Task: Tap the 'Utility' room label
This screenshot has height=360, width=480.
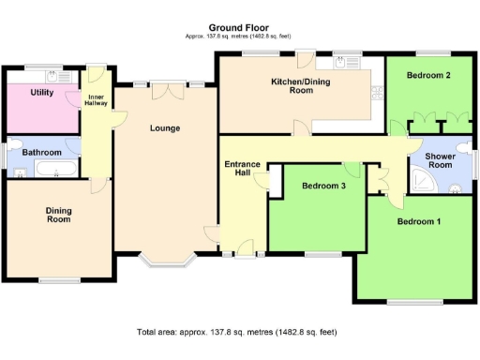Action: click(x=41, y=93)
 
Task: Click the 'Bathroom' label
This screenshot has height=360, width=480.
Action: click(x=41, y=151)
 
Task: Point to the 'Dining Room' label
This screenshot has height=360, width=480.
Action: click(x=58, y=215)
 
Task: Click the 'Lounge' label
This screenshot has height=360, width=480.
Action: click(x=164, y=127)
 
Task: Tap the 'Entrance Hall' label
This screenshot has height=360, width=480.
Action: click(x=243, y=170)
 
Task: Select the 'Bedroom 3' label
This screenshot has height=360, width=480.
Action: click(x=322, y=186)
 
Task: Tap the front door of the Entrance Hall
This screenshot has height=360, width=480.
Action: click(x=245, y=250)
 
